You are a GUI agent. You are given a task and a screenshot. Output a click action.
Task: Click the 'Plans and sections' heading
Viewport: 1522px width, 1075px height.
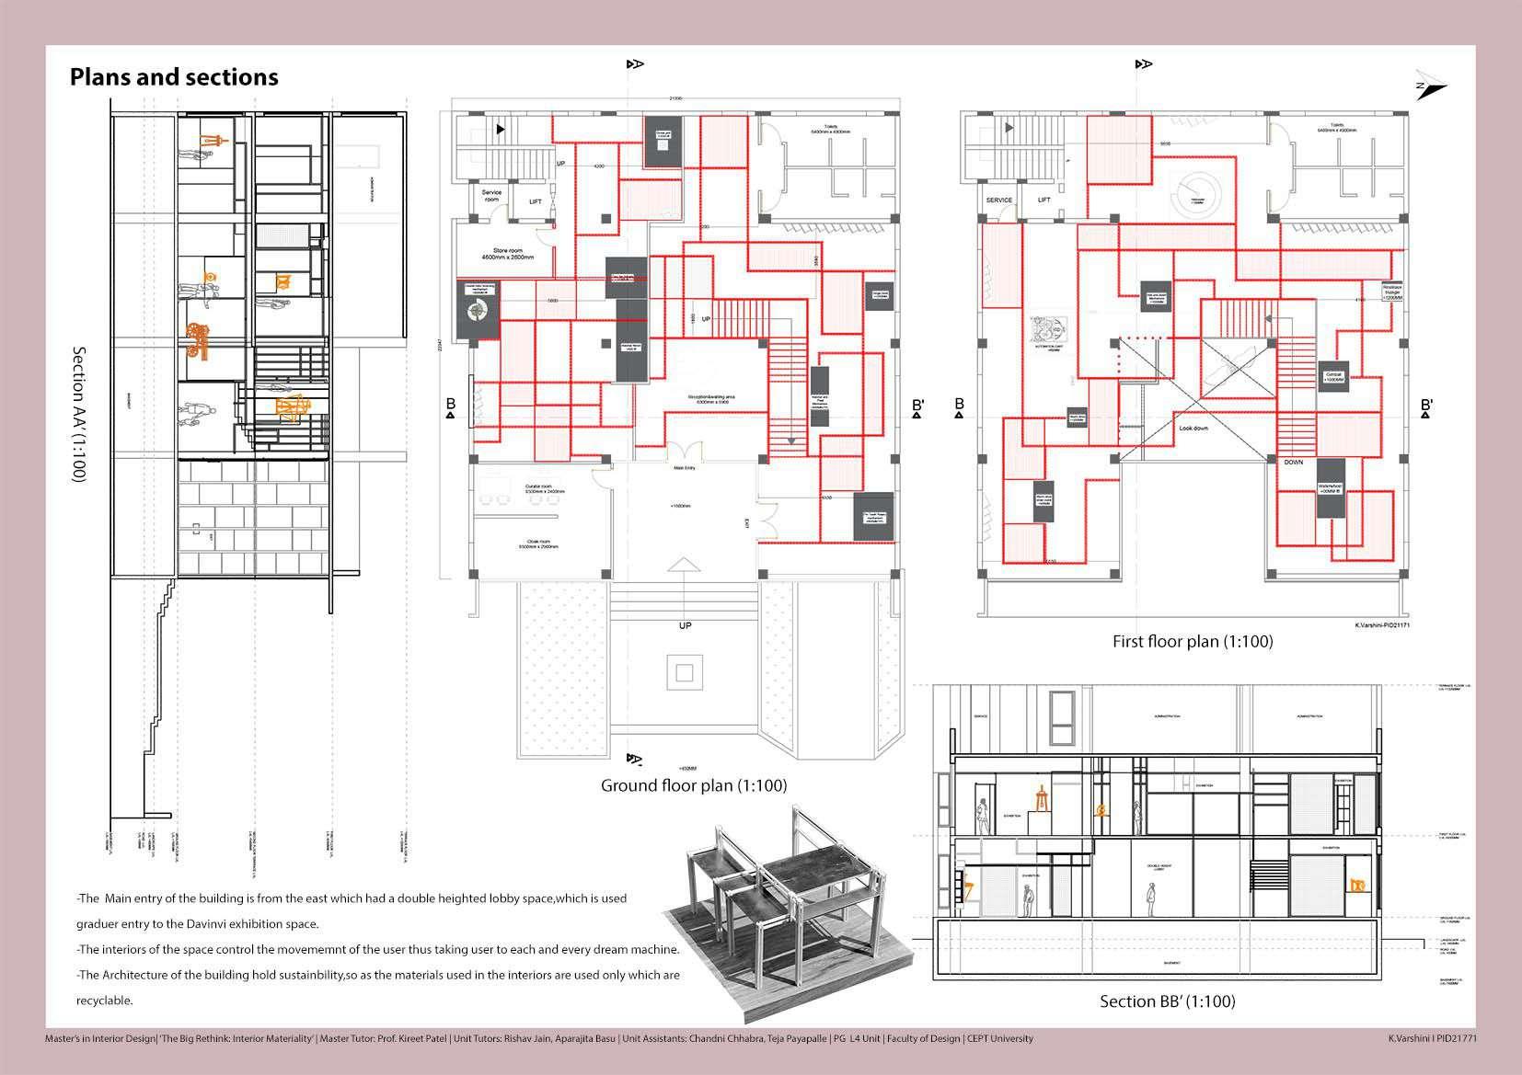click(174, 77)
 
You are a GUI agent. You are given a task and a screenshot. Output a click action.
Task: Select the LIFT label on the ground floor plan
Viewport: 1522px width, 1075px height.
click(536, 202)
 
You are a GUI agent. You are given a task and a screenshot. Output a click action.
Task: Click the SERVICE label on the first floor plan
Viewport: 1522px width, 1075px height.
click(998, 200)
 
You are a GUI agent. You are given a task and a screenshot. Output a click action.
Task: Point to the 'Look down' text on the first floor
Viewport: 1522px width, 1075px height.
click(1194, 429)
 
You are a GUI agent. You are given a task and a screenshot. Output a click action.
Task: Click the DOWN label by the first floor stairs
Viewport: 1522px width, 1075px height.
click(1293, 463)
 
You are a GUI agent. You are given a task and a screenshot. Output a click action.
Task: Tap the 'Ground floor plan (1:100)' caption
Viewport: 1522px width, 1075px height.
click(694, 785)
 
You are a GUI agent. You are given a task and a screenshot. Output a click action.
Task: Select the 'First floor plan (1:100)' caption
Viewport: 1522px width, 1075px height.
click(1193, 641)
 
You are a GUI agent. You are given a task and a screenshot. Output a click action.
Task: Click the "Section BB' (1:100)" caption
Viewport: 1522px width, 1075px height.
click(1168, 1001)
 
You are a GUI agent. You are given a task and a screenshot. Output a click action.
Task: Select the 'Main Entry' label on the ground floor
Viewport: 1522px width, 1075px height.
click(684, 468)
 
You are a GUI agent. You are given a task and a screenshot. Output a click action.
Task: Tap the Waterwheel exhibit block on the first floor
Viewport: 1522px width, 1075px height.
click(1331, 489)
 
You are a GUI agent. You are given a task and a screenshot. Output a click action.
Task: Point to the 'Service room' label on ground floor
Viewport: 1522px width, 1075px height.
click(490, 196)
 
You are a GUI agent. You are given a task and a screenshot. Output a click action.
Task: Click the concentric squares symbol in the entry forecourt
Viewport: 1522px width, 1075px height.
click(683, 674)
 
